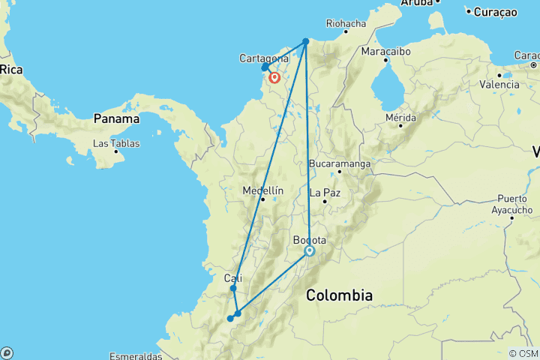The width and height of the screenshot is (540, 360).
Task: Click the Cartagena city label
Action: pyautogui.click(x=264, y=58)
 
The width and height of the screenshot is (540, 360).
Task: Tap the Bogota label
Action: pyautogui.click(x=309, y=240)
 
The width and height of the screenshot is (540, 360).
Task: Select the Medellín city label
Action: pyautogui.click(x=262, y=190)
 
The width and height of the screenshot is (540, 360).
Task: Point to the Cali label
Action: pyautogui.click(x=233, y=278)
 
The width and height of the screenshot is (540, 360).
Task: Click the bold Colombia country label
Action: pyautogui.click(x=339, y=295)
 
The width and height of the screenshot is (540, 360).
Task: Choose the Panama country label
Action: pyautogui.click(x=116, y=118)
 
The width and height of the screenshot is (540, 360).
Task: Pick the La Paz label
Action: pyautogui.click(x=330, y=191)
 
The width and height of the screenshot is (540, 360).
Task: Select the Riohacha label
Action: pyautogui.click(x=345, y=24)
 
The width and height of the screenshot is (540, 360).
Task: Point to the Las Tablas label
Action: pyautogui.click(x=116, y=142)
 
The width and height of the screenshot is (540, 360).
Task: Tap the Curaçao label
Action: pyautogui.click(x=494, y=11)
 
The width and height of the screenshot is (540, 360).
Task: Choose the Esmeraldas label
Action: pyautogui.click(x=136, y=355)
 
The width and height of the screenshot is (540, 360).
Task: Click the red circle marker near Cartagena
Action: pyautogui.click(x=275, y=77)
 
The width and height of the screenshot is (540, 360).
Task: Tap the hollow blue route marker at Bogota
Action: pyautogui.click(x=309, y=251)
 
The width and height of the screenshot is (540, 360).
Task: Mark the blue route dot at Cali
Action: pyautogui.click(x=233, y=288)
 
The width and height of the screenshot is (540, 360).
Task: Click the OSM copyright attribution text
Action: pyautogui.click(x=523, y=353)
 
